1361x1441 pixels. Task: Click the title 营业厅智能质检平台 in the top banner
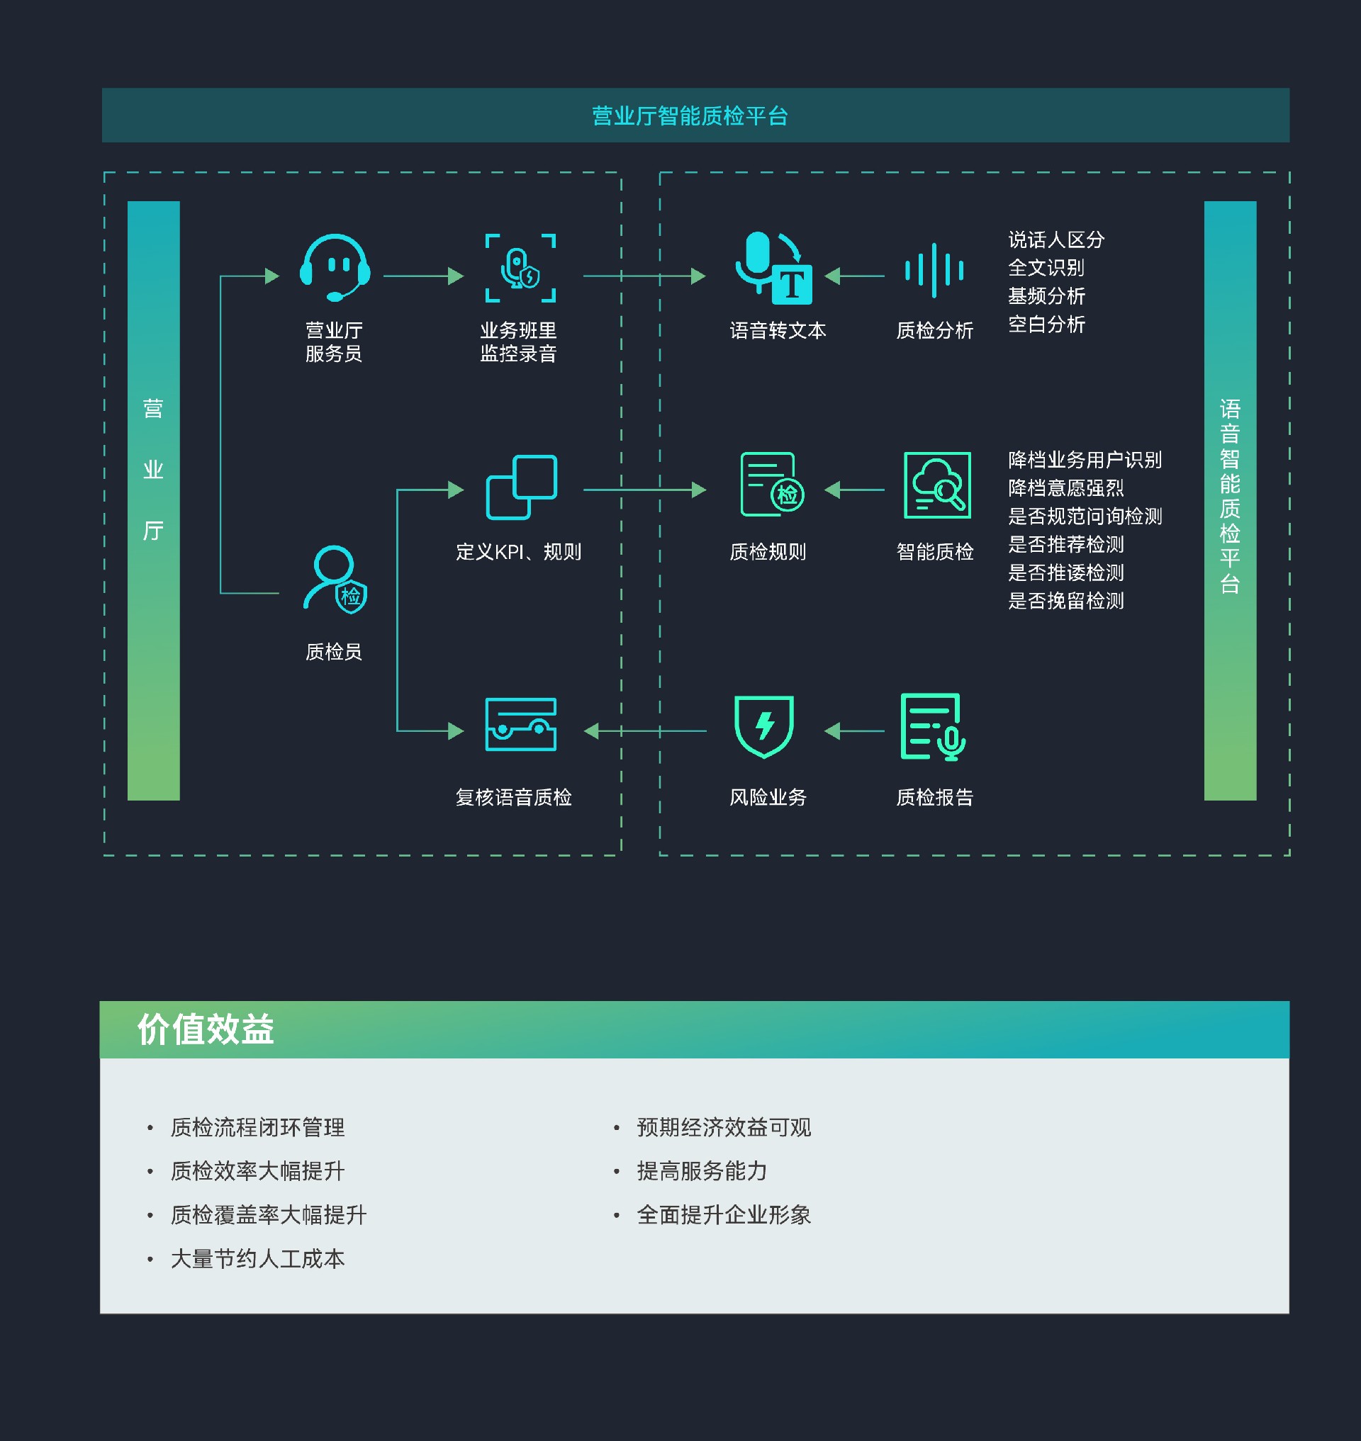point(689,116)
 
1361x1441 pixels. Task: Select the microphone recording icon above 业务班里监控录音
point(520,269)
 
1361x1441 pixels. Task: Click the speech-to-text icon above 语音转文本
point(773,268)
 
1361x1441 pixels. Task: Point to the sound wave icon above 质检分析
point(934,271)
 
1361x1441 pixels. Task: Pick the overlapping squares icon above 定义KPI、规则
point(521,487)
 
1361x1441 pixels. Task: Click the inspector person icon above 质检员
point(335,580)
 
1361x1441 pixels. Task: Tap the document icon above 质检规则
point(771,485)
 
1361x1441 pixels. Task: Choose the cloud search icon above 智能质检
point(936,485)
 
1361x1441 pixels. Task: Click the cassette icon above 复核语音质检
point(520,725)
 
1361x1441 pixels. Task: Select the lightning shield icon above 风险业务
point(764,726)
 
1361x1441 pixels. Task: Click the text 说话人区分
point(1055,240)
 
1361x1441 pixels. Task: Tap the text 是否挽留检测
point(1065,601)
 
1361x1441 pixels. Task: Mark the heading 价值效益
point(206,1029)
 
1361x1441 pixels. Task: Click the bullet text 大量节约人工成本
point(257,1259)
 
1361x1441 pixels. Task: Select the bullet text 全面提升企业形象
point(723,1215)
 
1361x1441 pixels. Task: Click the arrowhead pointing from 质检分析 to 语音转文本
point(833,276)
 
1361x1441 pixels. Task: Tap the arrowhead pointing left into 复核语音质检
point(591,731)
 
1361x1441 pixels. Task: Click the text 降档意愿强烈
point(1065,488)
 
